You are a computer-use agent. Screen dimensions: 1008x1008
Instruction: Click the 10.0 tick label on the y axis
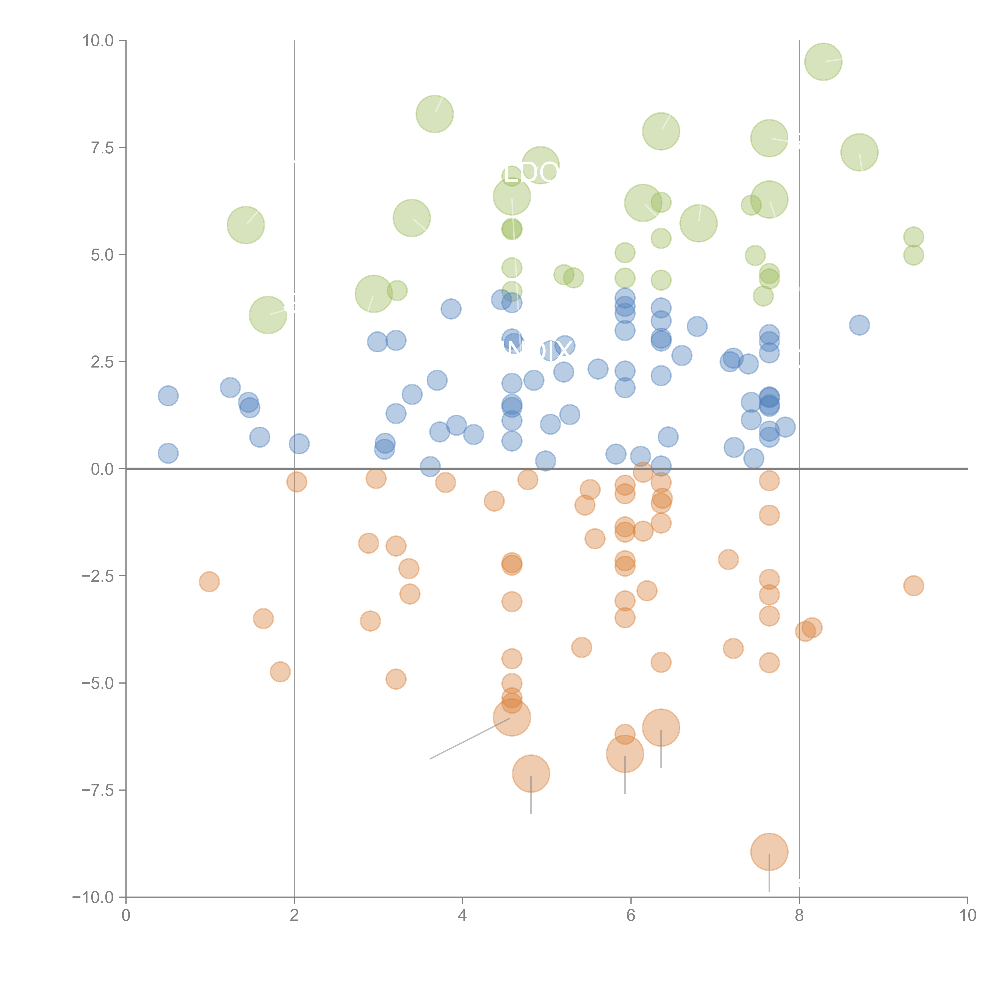[x=98, y=41]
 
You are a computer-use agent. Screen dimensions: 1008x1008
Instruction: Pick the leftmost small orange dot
[x=209, y=582]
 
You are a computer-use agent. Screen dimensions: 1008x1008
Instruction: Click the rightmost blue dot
[x=859, y=325]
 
